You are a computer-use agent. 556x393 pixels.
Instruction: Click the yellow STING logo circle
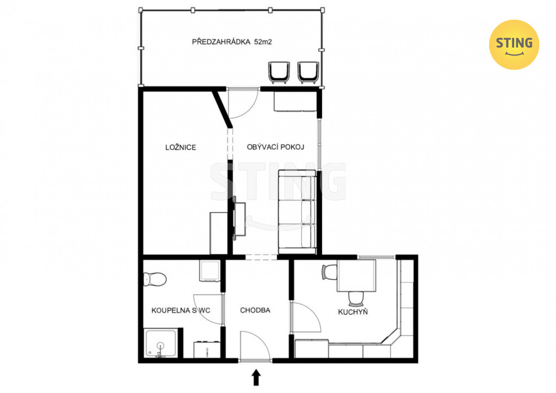(514, 45)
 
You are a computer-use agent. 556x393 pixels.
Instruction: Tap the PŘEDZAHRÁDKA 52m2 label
(232, 42)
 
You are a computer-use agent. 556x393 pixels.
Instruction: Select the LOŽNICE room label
(180, 147)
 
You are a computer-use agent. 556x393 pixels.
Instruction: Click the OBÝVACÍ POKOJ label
(275, 147)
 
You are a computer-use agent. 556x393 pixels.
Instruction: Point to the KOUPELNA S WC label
(181, 310)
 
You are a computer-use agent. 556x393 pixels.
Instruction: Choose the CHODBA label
(255, 310)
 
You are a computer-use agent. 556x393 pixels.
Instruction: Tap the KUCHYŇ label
(353, 312)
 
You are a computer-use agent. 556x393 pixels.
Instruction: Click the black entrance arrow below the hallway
(256, 377)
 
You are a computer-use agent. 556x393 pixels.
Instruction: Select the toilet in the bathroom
(154, 279)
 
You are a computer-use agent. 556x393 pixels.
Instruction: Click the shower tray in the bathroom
(161, 343)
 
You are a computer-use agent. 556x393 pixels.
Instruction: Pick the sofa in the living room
(297, 212)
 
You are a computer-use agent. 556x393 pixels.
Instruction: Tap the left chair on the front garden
(279, 73)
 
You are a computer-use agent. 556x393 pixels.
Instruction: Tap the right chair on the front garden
(308, 73)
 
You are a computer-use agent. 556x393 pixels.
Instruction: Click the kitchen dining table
(356, 276)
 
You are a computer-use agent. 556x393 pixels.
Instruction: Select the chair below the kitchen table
(356, 299)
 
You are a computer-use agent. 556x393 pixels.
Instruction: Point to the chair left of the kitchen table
(329, 272)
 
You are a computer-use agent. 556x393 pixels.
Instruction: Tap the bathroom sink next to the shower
(207, 349)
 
